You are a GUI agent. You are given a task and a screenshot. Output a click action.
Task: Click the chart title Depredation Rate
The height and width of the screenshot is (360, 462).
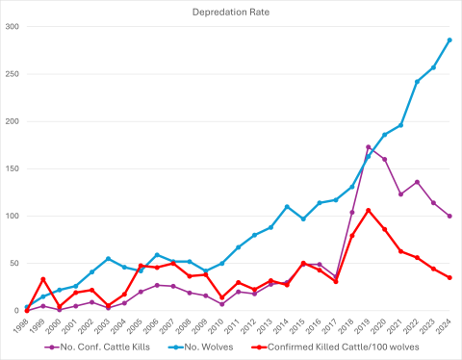point(230,10)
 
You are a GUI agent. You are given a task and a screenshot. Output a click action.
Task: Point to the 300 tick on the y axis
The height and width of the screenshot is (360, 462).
point(13,27)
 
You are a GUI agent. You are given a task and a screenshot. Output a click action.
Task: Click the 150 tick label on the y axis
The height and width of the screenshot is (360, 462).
point(13,168)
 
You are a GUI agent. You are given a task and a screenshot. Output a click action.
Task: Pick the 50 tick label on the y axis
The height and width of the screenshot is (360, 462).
point(14,263)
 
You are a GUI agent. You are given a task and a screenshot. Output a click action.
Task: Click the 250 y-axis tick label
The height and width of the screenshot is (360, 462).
point(13,74)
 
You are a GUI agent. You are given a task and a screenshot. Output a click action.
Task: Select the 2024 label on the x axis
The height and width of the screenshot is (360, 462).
point(448,325)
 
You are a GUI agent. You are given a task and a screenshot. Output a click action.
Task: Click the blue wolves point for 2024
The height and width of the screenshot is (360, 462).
point(449,40)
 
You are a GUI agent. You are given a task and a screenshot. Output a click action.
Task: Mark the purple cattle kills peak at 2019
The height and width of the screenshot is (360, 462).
point(368,147)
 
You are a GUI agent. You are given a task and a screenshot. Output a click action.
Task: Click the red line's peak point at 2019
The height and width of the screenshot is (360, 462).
point(368,210)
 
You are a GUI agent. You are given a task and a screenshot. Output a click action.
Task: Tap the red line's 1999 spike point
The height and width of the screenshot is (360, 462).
point(42,279)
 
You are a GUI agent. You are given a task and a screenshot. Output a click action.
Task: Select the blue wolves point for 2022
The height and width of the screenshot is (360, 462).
point(417,82)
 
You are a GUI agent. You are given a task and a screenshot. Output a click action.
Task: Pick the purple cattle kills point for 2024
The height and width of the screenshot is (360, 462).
point(449,216)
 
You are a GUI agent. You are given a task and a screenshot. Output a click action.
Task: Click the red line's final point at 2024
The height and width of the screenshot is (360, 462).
point(449,277)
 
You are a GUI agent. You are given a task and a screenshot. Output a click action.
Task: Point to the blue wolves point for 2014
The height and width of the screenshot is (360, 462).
point(287,206)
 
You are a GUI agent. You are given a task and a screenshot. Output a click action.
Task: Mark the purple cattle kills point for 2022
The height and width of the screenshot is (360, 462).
point(417,182)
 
